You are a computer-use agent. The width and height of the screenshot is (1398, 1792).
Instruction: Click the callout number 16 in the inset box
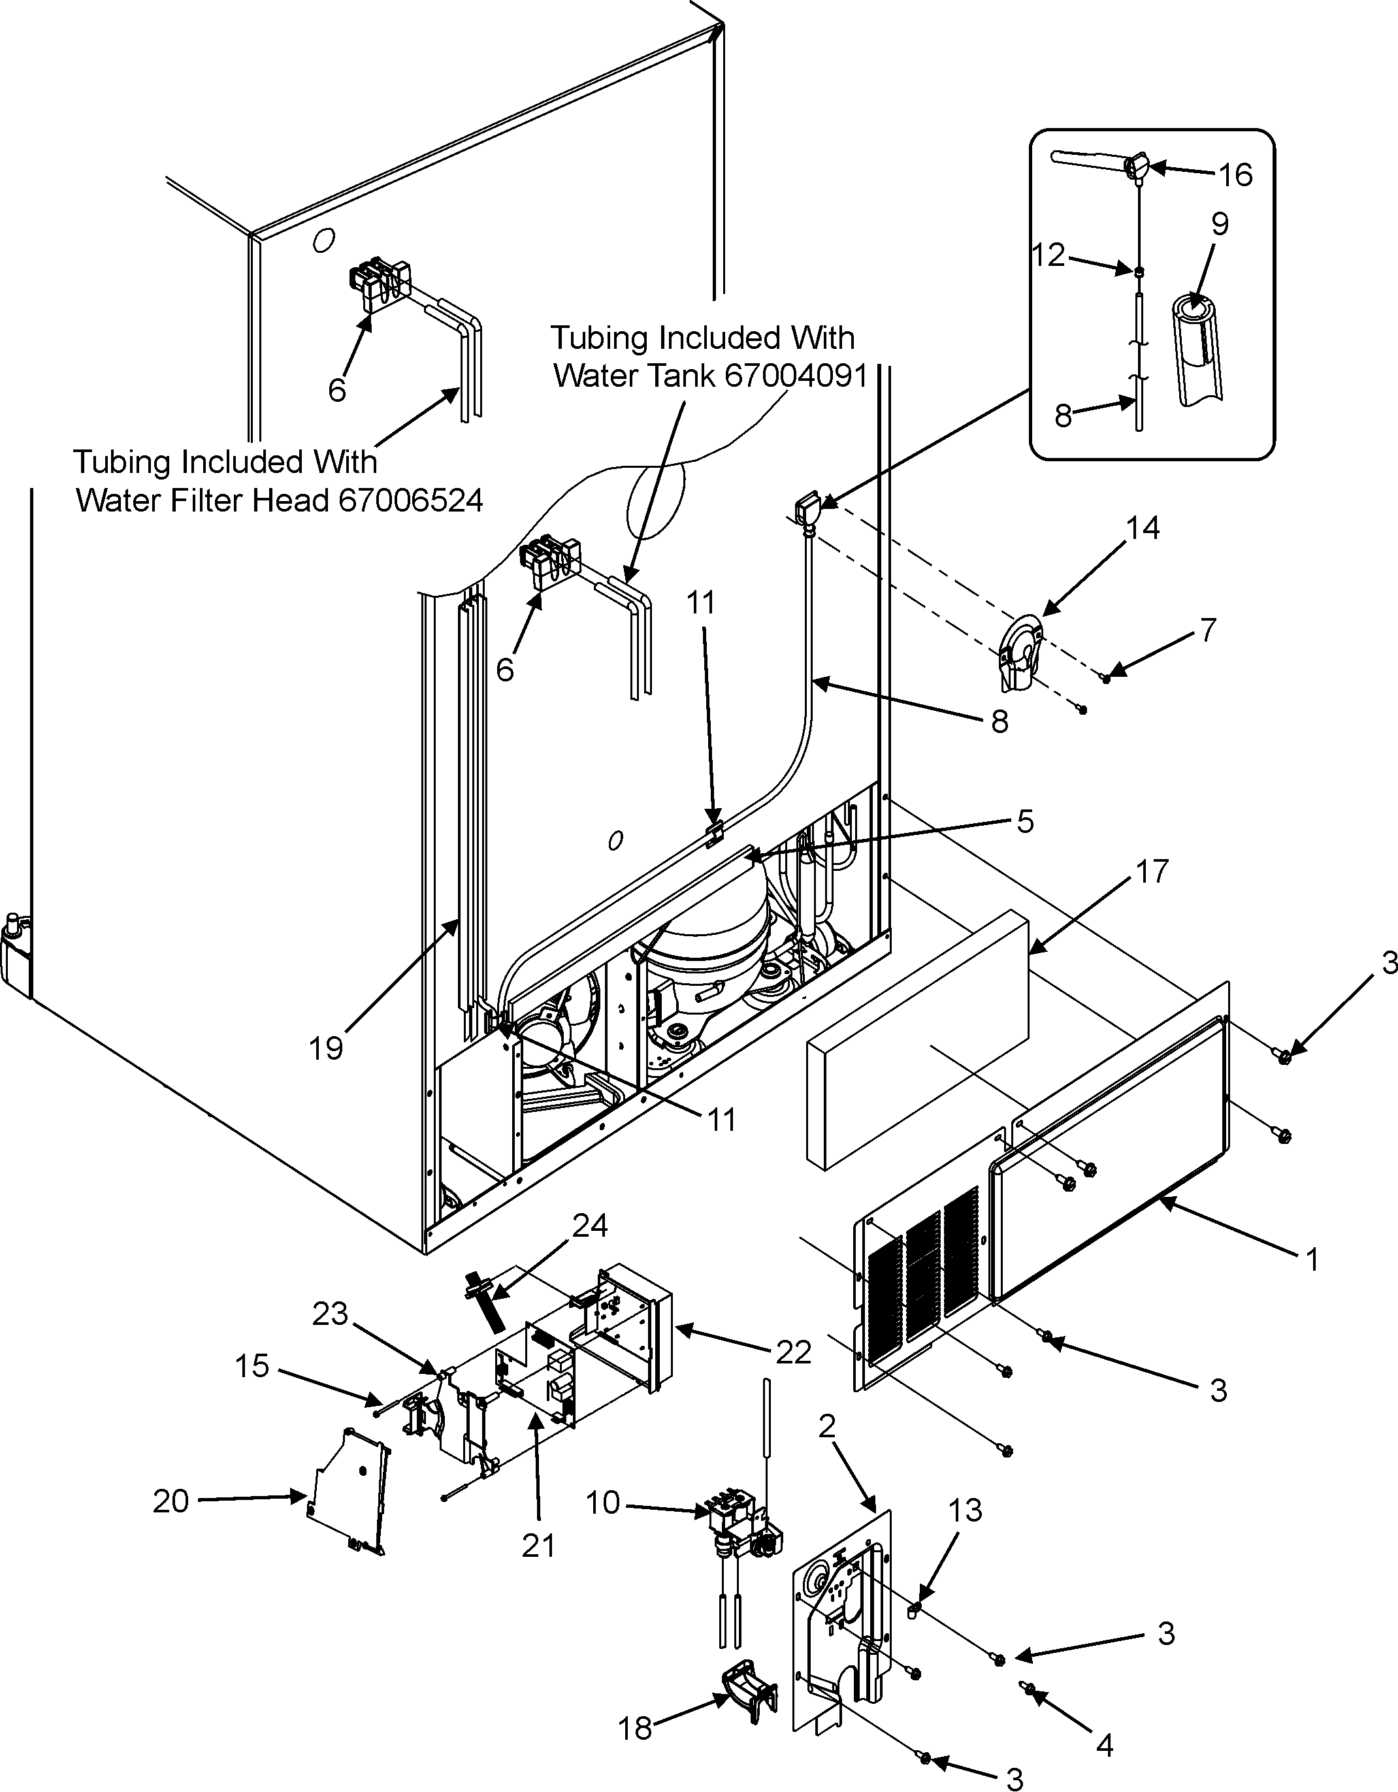pos(1235,175)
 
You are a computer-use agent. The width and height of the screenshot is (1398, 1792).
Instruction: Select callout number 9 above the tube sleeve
pos(1219,224)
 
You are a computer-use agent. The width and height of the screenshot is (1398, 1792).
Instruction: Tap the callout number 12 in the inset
pos(1048,255)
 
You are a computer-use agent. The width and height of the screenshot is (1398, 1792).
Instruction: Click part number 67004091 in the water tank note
pos(792,376)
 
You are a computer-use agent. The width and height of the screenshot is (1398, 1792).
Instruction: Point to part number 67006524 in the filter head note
pos(410,500)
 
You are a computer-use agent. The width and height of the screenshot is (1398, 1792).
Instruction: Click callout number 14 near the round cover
pos(1143,528)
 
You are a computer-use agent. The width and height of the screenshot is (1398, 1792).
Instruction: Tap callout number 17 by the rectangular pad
pos(1152,872)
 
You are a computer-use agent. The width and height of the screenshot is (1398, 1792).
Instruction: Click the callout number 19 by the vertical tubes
pos(326,1048)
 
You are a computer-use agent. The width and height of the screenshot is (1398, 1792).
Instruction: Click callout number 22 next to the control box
pos(792,1352)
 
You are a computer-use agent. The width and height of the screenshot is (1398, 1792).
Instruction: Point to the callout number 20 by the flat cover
pos(171,1501)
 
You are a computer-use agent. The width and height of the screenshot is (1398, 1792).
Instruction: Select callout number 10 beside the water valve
pos(602,1503)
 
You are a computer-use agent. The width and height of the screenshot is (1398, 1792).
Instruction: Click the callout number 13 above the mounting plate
pos(965,1510)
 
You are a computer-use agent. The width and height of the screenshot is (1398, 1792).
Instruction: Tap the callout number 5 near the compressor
pos(1026,821)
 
